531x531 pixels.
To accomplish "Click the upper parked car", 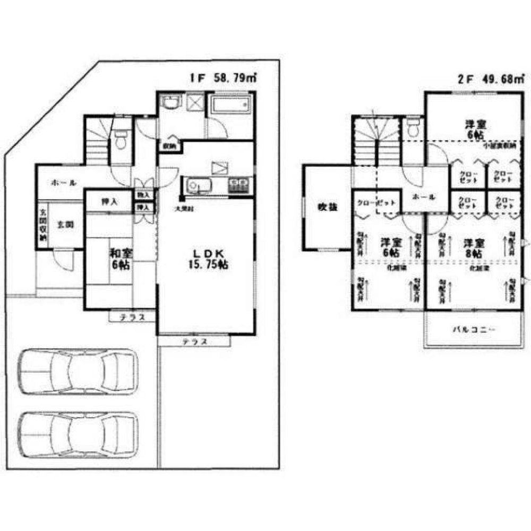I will pos(78,372).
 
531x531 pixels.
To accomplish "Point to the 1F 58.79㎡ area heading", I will pos(224,78).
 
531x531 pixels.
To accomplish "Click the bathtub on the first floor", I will pos(230,106).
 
